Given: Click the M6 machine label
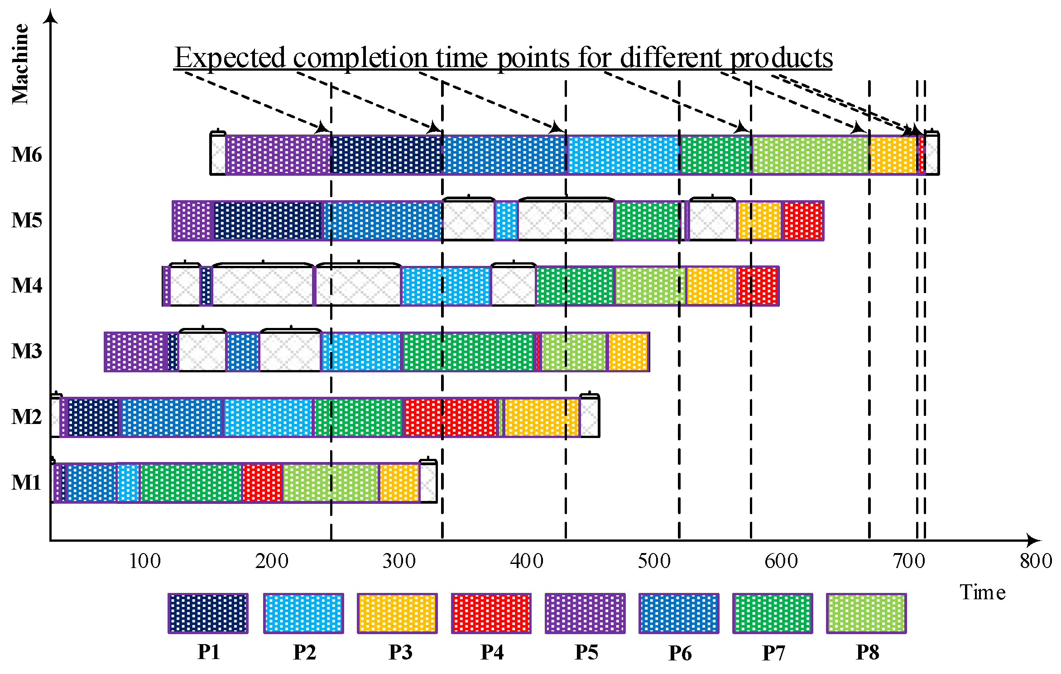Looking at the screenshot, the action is click(27, 155).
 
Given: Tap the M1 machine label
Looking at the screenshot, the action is click(26, 482).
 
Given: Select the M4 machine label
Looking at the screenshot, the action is click(27, 286).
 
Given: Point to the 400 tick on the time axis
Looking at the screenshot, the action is click(526, 561).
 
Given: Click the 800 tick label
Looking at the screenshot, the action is click(1036, 561).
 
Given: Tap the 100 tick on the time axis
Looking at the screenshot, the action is click(144, 561).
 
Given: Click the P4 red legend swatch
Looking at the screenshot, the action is click(491, 613).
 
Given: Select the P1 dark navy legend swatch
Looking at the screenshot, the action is click(208, 613).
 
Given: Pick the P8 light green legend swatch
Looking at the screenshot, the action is click(866, 613).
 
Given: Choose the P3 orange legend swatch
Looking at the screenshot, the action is click(397, 613).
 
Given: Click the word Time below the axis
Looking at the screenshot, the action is click(983, 592).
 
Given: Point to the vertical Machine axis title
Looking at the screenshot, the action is click(20, 64).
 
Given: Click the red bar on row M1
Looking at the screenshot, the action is click(262, 483).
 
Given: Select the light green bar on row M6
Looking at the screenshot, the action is click(811, 154).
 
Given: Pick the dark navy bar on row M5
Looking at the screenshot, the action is click(268, 221).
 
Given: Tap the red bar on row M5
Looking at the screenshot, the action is click(803, 221).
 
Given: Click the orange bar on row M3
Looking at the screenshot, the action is click(628, 352).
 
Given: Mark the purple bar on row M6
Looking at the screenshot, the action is click(278, 154).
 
